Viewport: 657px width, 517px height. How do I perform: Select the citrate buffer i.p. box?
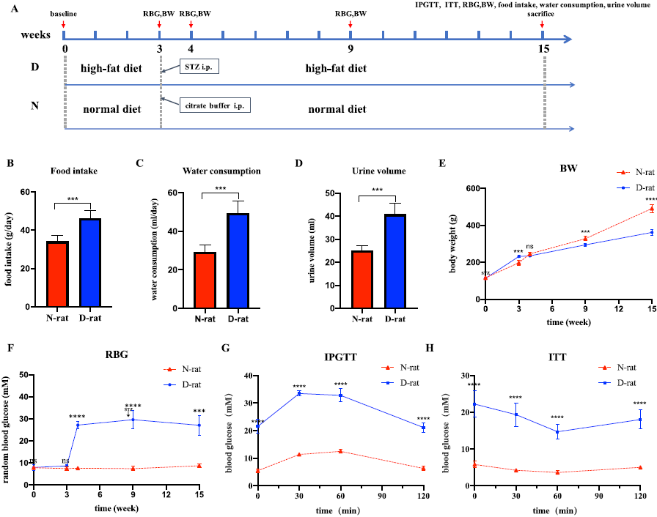pyautogui.click(x=215, y=105)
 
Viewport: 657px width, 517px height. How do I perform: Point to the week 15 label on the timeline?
pyautogui.click(x=543, y=49)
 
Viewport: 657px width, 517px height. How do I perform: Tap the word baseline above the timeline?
pyautogui.click(x=64, y=13)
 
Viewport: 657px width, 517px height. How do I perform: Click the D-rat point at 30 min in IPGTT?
pyautogui.click(x=299, y=393)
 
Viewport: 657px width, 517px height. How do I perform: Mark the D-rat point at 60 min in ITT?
pyautogui.click(x=557, y=431)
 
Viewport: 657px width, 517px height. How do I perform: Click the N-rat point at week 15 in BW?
pyautogui.click(x=651, y=209)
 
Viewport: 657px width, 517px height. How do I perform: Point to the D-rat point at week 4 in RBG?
pyautogui.click(x=78, y=425)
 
